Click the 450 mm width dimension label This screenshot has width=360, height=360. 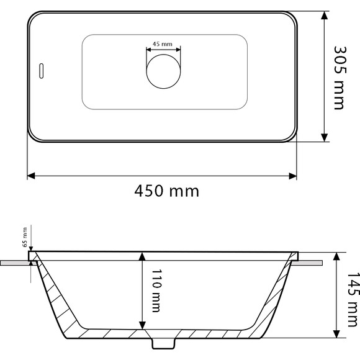(167, 191)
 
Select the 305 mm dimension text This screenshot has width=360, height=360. (338, 76)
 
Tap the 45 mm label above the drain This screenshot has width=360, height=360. (163, 44)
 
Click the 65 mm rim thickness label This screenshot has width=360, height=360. (25, 237)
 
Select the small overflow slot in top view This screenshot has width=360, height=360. (41, 71)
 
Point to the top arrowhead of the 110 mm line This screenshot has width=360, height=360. (143, 256)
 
